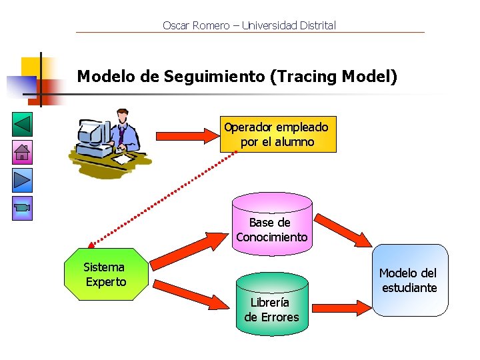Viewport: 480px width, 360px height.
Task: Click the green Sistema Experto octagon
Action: [105, 275]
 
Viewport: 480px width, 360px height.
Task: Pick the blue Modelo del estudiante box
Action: [409, 280]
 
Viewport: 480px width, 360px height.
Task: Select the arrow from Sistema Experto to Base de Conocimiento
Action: [189, 247]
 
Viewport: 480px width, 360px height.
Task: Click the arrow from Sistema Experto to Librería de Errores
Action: [189, 295]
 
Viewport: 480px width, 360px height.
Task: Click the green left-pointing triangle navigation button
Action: [23, 125]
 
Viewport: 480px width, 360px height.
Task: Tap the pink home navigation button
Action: [23, 153]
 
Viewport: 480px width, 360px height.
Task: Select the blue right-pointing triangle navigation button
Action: [23, 180]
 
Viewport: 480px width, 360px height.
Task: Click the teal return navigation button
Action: [23, 208]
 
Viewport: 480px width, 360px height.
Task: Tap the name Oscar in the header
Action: [176, 25]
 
